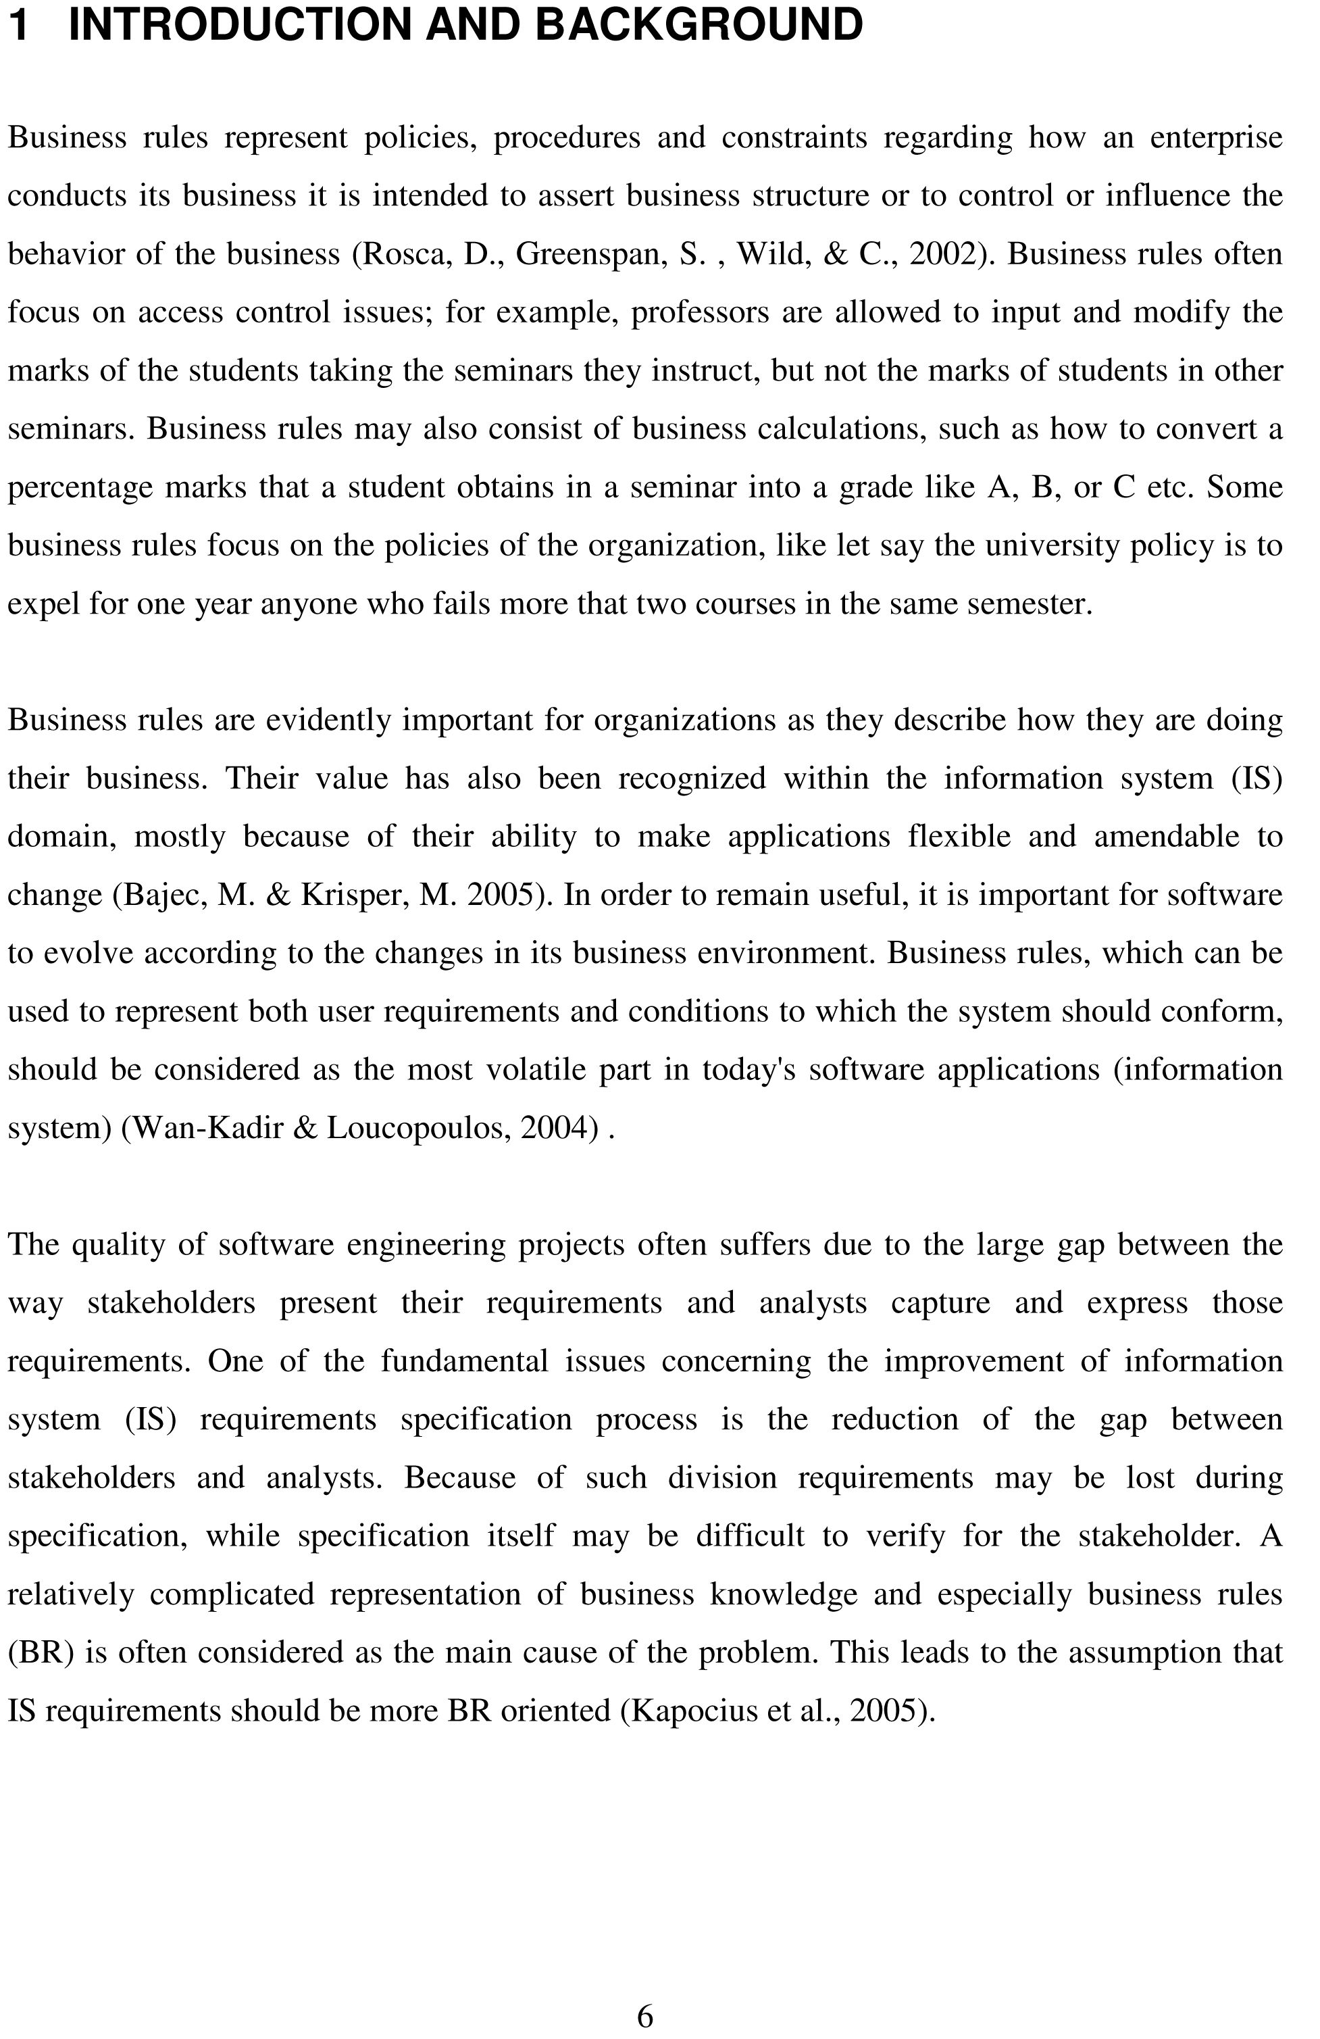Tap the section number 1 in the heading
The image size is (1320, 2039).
[19, 26]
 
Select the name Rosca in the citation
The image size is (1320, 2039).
[406, 254]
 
